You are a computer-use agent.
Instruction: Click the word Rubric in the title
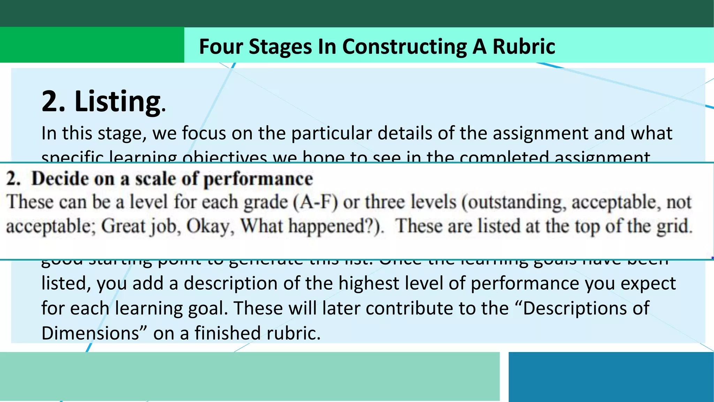click(524, 46)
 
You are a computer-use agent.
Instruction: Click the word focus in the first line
click(204, 133)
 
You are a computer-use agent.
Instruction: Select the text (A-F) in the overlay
click(315, 202)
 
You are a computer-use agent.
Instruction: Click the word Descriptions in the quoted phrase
click(586, 308)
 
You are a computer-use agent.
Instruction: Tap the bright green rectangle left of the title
click(92, 45)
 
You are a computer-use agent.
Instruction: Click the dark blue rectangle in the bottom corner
click(611, 377)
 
